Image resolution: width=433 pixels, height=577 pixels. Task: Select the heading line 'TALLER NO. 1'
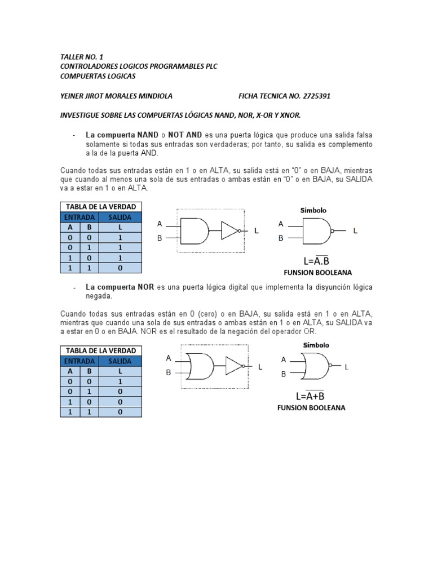coord(82,57)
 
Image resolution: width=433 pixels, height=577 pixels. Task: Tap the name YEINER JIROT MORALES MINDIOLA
coord(116,96)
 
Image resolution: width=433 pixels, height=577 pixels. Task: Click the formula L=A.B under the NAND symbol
coord(316,260)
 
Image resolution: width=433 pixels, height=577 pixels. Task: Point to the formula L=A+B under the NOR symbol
coord(310,395)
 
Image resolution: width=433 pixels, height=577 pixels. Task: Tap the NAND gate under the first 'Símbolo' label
coord(317,230)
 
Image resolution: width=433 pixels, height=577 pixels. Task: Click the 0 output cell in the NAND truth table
coord(120,268)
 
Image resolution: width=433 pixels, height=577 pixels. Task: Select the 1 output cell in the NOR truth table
coord(120,381)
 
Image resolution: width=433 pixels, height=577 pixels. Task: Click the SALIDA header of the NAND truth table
coord(120,218)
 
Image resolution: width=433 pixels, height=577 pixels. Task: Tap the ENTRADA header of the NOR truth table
coord(79,361)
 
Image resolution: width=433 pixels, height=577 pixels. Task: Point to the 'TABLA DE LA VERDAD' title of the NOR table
coord(101,351)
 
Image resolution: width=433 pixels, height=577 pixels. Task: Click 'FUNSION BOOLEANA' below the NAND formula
coord(318,273)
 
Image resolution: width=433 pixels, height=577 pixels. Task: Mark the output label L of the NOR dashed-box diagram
coord(260,367)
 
